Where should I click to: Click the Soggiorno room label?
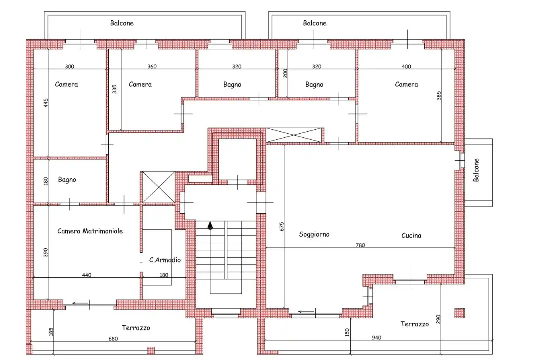[x=314, y=234]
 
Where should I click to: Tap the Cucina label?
[x=411, y=235]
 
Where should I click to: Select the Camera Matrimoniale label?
[x=90, y=231]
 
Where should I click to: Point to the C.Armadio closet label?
[x=165, y=260]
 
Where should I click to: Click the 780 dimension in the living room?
[x=360, y=245]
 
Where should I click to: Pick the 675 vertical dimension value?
[x=282, y=226]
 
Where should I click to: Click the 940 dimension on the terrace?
[x=377, y=337]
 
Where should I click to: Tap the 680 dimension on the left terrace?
[x=113, y=339]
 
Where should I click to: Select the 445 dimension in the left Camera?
[x=46, y=103]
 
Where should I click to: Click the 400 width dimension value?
[x=406, y=66]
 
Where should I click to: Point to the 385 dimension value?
[x=439, y=95]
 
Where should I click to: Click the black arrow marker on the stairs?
[x=210, y=226]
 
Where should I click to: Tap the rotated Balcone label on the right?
[x=476, y=170]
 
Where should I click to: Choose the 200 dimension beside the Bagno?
[x=285, y=73]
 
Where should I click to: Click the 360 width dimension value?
[x=152, y=66]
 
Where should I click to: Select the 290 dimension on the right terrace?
[x=438, y=320]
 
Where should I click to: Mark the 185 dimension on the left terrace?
[x=51, y=332]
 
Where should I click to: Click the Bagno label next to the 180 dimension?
[x=67, y=180]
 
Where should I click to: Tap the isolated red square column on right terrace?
[x=459, y=313]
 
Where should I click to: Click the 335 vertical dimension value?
[x=114, y=89]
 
